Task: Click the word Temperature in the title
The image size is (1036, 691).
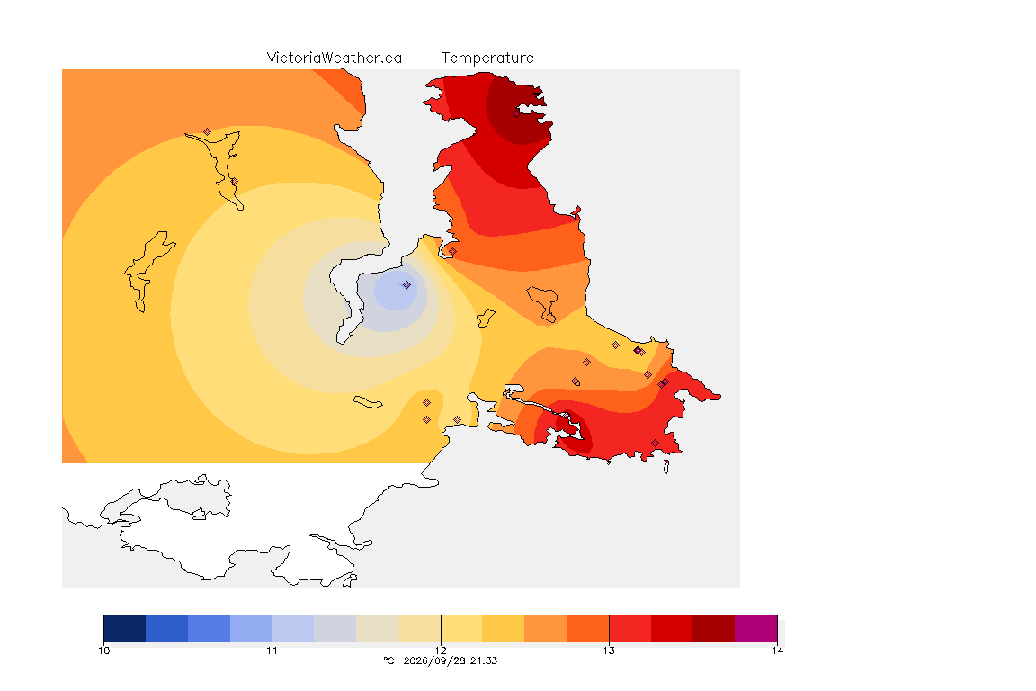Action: coord(487,58)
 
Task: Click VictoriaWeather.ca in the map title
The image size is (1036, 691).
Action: coord(335,58)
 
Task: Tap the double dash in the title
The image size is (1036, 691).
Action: coord(422,58)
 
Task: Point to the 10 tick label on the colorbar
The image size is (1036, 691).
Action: coord(103,651)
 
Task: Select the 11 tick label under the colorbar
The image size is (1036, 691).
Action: coord(272,651)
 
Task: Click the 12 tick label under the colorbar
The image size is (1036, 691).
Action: coord(441,651)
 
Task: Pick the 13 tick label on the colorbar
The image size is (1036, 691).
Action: coord(609,651)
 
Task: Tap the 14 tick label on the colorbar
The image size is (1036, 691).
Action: coord(777,651)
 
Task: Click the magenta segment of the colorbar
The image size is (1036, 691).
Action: coord(755,628)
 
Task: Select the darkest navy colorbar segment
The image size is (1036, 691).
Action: coord(125,628)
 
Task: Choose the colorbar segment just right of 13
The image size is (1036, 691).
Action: coord(630,628)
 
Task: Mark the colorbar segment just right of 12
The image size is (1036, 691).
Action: coord(461,628)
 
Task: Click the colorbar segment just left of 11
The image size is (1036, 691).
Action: coord(251,628)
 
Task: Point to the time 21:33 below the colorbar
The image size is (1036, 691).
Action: coord(484,660)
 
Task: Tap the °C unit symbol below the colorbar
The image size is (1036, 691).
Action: coord(388,660)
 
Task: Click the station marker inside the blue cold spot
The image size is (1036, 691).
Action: coord(407,285)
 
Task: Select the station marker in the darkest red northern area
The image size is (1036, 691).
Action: coord(517,113)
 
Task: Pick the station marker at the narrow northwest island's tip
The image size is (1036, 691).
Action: coord(208,132)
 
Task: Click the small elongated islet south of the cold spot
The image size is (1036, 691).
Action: coord(368,402)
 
